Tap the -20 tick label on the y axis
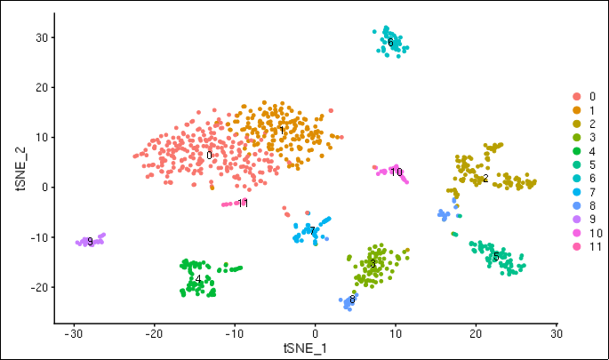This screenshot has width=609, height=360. point(41,287)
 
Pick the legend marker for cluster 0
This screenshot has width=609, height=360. point(577,96)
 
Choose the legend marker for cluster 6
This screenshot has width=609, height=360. point(577,178)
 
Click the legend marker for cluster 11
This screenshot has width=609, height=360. point(577,246)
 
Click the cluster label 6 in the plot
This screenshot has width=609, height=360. point(390,42)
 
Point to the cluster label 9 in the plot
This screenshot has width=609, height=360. point(90,242)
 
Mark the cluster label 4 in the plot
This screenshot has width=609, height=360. point(198,279)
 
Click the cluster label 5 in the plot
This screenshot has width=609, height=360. point(495,257)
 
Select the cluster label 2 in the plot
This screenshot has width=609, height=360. point(485,179)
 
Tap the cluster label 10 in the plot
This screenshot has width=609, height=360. point(397,172)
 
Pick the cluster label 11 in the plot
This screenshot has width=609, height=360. point(243,204)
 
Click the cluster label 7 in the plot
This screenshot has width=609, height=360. point(313,231)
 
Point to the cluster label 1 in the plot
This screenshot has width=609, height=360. point(282,132)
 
